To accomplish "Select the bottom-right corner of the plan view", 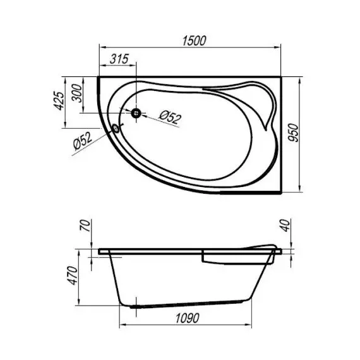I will [282, 188].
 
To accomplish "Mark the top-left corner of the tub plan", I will [100, 78].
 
